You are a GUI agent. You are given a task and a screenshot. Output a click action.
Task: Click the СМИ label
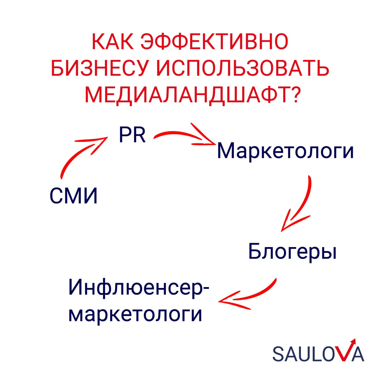pos(74,196)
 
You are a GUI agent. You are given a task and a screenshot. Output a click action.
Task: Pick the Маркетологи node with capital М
pos(285,151)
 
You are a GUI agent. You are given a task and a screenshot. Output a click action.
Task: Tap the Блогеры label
pos(292,251)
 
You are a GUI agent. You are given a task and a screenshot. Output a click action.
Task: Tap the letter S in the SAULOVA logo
pos(279,354)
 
